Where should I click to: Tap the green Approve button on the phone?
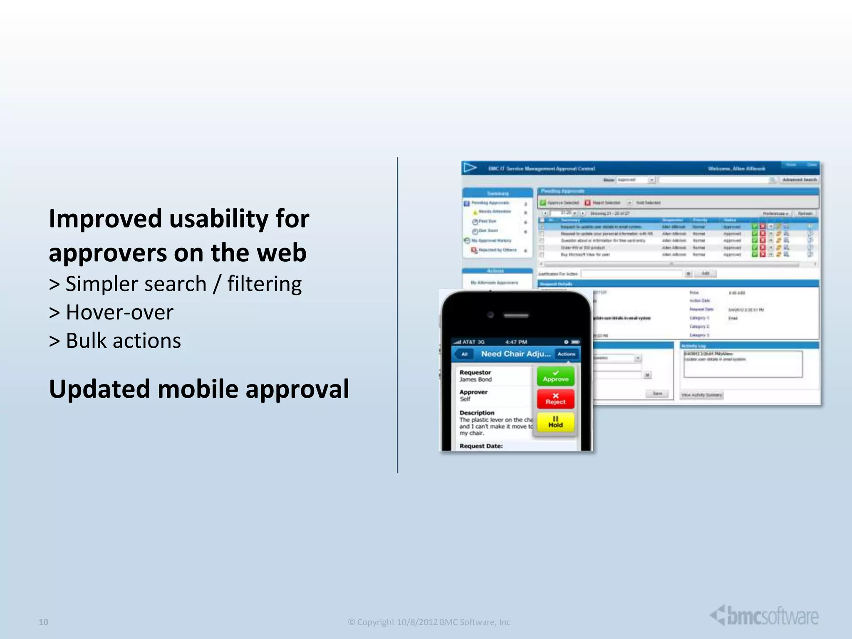click(555, 376)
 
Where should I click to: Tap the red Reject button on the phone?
click(555, 399)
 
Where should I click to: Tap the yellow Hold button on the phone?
click(555, 422)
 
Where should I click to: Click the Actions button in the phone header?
click(566, 354)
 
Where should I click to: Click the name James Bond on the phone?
click(476, 379)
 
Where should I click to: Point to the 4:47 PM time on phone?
click(516, 342)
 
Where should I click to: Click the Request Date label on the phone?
click(481, 446)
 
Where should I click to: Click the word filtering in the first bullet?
click(265, 284)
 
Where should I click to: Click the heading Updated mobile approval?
click(199, 389)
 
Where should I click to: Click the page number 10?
click(43, 622)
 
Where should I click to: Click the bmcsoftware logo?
click(764, 616)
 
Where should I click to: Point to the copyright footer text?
click(429, 622)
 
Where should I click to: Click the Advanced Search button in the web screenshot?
click(800, 180)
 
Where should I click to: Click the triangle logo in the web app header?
click(470, 168)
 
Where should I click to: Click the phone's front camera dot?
click(490, 315)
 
